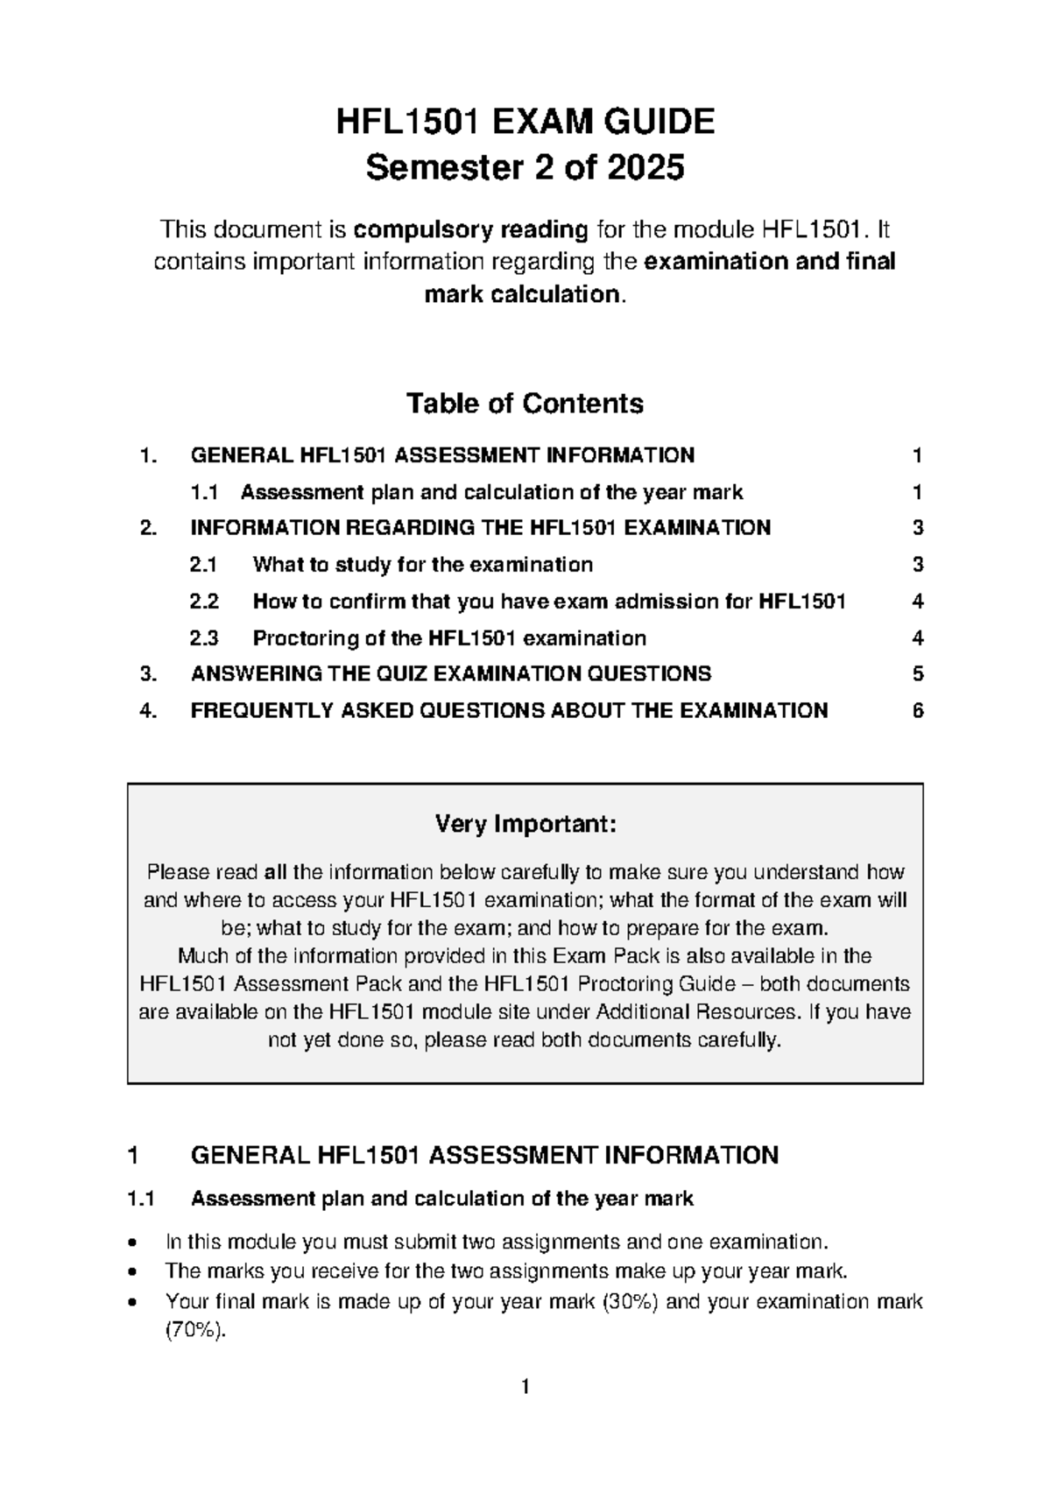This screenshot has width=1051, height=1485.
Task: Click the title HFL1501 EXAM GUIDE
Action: click(525, 122)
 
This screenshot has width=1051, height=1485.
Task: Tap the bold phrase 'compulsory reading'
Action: click(471, 230)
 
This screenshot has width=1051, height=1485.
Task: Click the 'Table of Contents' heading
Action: click(525, 404)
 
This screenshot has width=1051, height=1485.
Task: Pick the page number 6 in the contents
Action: click(917, 710)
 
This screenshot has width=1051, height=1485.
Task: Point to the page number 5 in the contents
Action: click(917, 674)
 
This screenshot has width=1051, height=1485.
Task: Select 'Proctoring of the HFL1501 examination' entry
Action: click(449, 638)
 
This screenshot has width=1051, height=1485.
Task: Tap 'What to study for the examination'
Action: click(422, 565)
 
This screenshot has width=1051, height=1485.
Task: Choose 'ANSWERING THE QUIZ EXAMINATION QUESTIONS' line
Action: click(450, 674)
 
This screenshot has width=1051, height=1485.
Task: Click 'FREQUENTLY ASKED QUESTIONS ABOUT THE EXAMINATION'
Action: click(509, 710)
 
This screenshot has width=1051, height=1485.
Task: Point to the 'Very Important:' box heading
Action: click(525, 824)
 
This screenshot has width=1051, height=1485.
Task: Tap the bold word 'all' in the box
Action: click(275, 872)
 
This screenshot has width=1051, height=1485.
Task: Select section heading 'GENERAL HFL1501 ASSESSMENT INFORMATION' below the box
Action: click(484, 1156)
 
